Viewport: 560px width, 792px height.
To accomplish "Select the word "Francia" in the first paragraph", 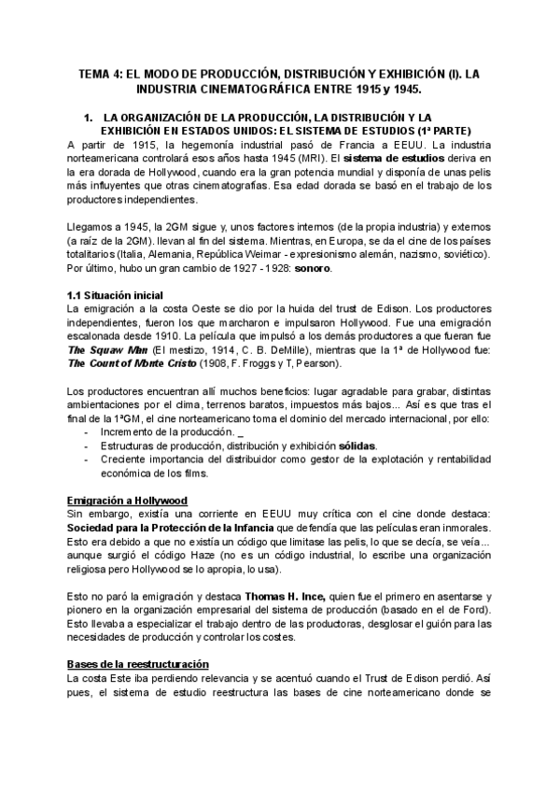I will click(349, 145).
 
